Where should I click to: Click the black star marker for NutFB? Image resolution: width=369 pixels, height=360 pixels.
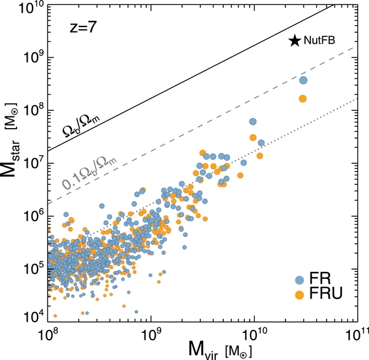[x=295, y=41]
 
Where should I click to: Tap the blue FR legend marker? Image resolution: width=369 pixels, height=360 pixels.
[x=302, y=278]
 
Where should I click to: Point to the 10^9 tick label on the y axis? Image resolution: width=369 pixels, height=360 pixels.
[x=34, y=58]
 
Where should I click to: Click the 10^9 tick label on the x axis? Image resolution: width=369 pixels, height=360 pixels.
[x=151, y=336]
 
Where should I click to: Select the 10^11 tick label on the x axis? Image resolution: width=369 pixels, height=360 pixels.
[x=355, y=336]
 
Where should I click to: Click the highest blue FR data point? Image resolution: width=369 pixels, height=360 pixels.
[x=303, y=80]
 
